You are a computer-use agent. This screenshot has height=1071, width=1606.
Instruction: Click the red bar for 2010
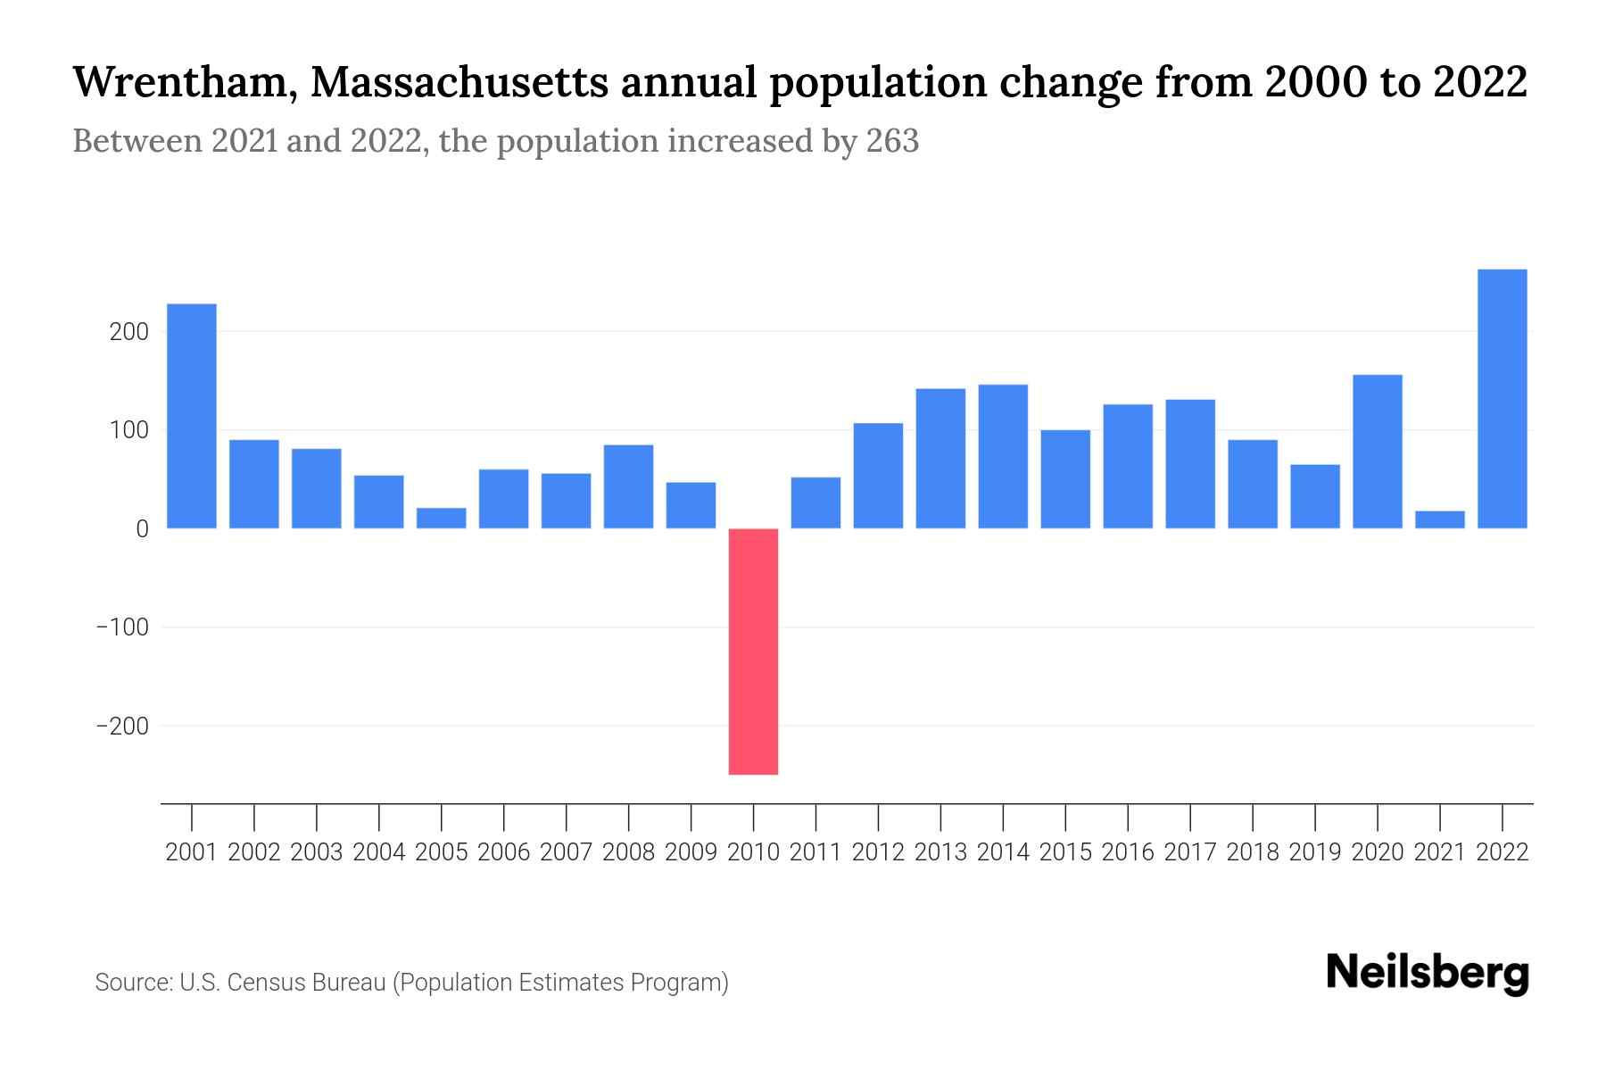click(x=753, y=652)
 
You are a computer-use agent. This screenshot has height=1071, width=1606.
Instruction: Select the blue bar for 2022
click(x=1502, y=399)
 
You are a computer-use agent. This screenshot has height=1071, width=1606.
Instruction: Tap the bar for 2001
click(x=192, y=416)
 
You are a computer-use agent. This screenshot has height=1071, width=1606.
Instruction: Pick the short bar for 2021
click(x=1439, y=519)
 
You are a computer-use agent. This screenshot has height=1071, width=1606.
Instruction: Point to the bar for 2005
click(x=442, y=519)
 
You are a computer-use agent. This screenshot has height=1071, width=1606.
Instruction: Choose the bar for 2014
click(x=1003, y=456)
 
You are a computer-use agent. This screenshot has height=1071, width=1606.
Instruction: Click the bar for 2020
click(x=1377, y=452)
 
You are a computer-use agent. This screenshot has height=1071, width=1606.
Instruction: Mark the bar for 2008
click(x=628, y=486)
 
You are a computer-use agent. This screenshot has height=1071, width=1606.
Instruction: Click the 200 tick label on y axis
click(x=128, y=332)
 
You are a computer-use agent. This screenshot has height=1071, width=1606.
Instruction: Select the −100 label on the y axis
click(x=122, y=627)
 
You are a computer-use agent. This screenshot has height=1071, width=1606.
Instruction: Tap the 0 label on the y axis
click(x=142, y=529)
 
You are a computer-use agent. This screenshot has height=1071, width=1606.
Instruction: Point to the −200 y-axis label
click(x=122, y=726)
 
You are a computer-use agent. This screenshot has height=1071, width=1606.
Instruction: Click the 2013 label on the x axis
click(x=940, y=852)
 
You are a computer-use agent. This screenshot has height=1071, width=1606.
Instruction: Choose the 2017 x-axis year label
click(x=1189, y=852)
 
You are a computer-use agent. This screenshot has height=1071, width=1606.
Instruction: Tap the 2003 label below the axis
click(x=317, y=852)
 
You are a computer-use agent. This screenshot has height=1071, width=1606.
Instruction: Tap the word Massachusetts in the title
click(x=459, y=83)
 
